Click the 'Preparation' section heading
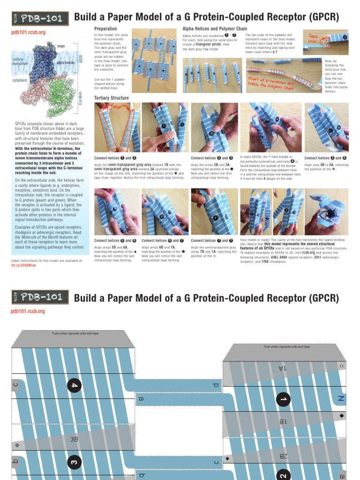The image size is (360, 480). point(105,29)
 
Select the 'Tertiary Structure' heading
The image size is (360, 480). point(112,97)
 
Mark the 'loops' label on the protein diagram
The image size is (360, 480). point(61,47)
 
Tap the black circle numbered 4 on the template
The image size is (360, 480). point(74,386)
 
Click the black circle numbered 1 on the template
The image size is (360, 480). point(284,399)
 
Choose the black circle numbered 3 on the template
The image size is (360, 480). point(74,461)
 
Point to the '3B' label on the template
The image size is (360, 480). point(75,439)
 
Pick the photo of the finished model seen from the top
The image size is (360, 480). point(327,211)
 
